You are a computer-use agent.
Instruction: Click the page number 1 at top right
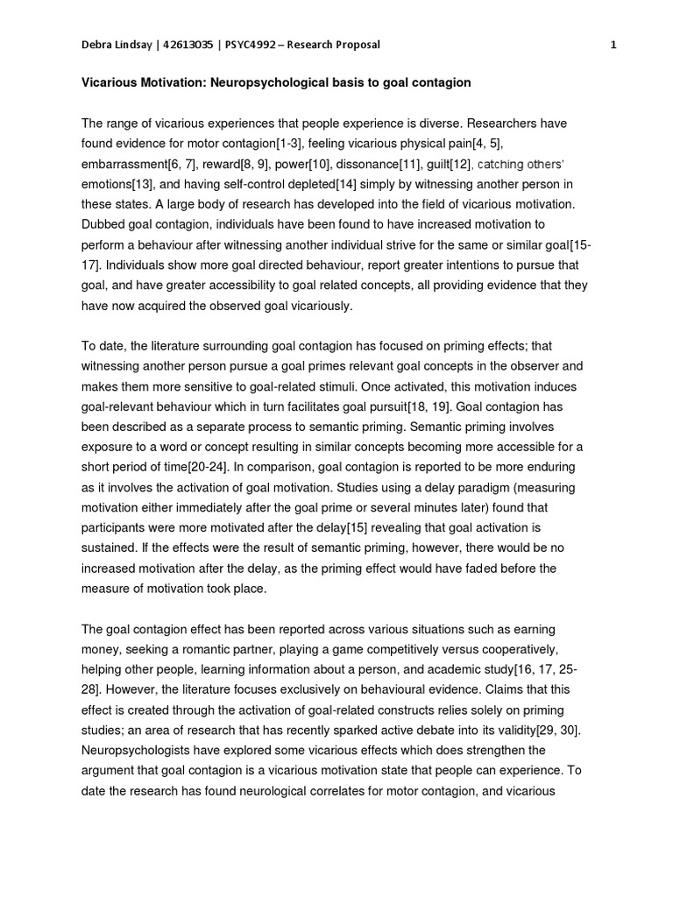613,46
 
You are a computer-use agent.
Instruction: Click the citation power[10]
307,164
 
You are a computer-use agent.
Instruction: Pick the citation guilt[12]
448,164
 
